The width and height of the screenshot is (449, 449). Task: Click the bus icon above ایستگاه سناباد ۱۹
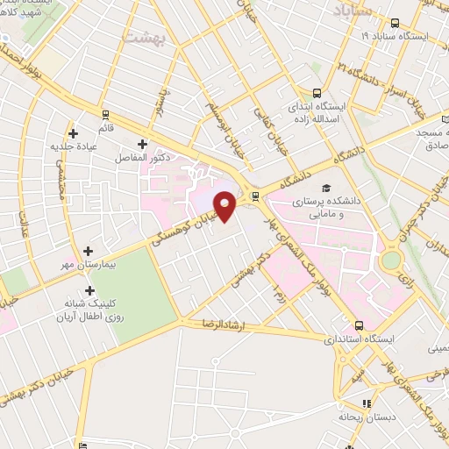click(x=395, y=24)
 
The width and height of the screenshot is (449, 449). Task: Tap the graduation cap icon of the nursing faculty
click(x=326, y=189)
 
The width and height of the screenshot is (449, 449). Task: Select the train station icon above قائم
click(x=105, y=114)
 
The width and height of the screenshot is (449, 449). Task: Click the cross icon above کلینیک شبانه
click(x=89, y=290)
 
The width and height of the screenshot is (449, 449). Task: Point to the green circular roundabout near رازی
click(x=390, y=261)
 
